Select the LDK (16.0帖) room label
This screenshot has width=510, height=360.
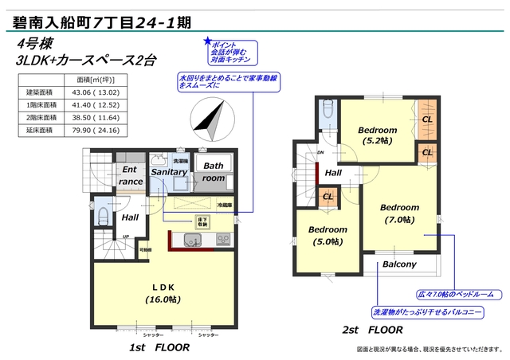pos(164,292)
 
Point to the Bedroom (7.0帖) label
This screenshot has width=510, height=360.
pos(398,213)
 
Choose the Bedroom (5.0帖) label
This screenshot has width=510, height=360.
pos(328,235)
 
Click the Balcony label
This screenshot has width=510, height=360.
pos(399,264)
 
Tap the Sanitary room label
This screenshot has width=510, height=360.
pos(169,172)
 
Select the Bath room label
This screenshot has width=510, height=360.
pos(214,172)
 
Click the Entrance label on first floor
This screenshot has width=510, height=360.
pos(131,175)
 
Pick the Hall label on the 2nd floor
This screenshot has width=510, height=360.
pos(333,173)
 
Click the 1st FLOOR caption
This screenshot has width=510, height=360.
pos(160,347)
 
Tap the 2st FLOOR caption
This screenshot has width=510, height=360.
pos(372,329)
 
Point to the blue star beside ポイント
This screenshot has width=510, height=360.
pos(209,41)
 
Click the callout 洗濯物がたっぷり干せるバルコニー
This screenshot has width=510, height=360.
pos(426,311)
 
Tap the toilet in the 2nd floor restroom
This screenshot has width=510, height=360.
pos(327,113)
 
